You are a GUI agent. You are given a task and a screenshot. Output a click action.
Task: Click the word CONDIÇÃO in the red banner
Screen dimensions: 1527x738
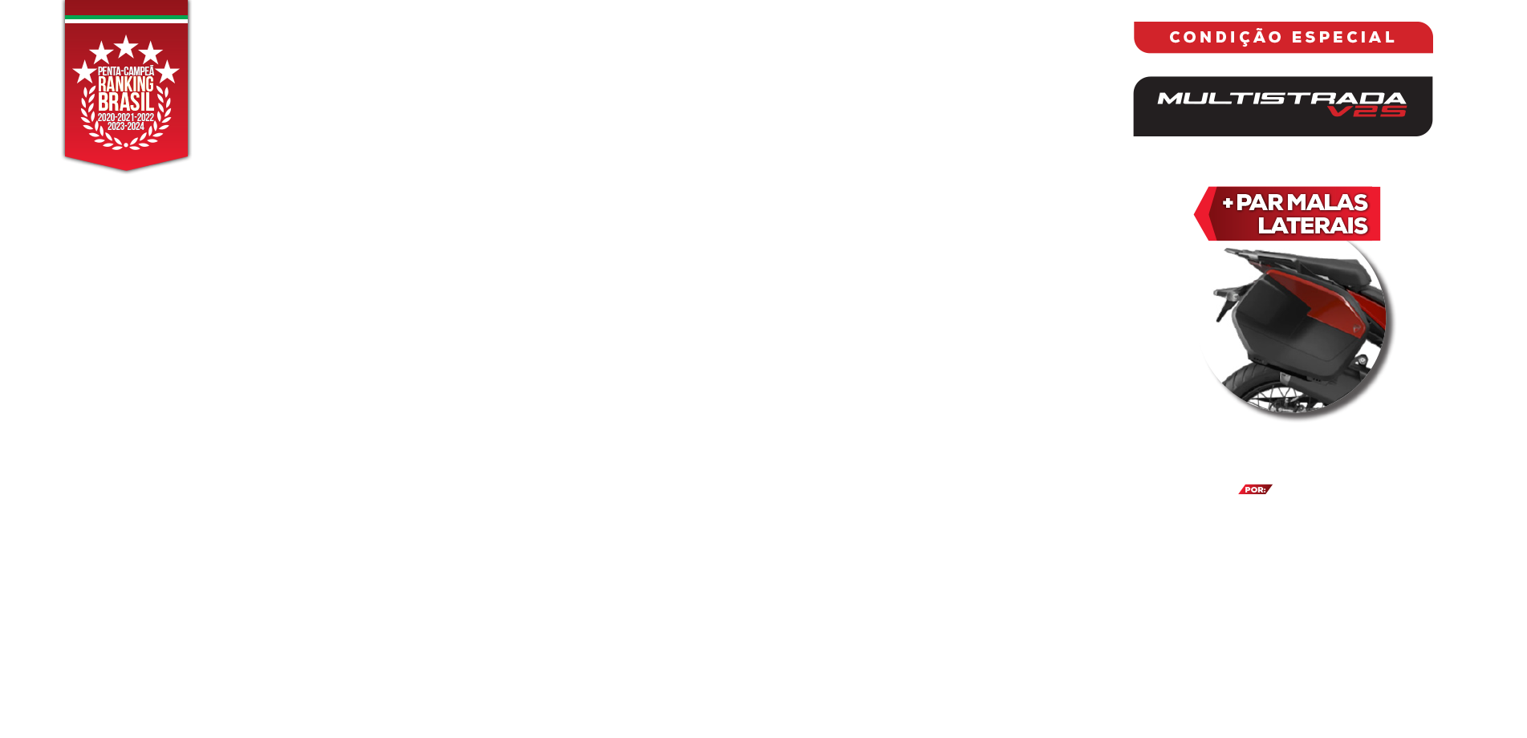1226,38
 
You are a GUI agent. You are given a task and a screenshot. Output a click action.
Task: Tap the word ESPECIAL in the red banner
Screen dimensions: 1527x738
1344,38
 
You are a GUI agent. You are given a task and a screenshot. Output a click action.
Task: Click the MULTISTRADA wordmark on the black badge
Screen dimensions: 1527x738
1281,99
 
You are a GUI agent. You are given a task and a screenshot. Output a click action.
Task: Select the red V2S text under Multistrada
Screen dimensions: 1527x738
1367,111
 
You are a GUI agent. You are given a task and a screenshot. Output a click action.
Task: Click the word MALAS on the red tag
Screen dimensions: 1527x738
1327,202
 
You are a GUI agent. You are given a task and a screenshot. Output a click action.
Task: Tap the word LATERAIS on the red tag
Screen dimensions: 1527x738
1313,225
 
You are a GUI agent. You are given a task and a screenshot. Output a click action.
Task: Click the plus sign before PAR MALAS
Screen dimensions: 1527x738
1228,203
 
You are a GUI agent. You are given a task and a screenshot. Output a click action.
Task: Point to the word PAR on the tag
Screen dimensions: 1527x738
1260,202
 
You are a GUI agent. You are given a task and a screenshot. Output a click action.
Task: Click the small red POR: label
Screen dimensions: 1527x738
1255,489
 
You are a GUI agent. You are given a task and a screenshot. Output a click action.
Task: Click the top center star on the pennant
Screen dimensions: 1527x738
126,47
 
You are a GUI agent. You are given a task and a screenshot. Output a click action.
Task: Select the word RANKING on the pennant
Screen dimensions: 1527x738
126,84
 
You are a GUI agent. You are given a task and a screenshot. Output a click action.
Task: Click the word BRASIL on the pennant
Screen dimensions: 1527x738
126,102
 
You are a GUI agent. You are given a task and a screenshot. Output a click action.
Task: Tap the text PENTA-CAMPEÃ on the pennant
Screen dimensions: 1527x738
126,71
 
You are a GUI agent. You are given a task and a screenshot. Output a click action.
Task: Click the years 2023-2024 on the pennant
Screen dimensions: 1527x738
126,127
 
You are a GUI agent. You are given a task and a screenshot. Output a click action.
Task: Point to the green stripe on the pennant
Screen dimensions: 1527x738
126,17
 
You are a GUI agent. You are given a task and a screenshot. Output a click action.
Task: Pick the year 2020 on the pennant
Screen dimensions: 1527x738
106,118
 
